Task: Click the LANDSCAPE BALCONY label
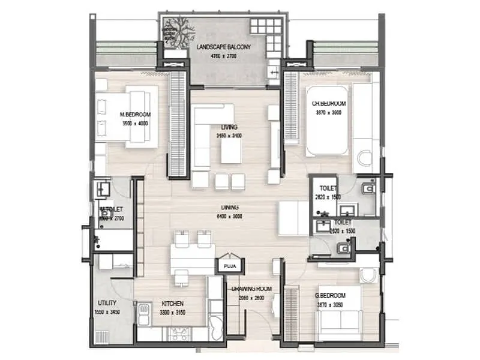(223, 46)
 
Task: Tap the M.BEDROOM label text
(135, 115)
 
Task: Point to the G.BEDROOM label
(331, 296)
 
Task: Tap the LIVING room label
(229, 127)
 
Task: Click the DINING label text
(229, 208)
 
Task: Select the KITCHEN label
(172, 304)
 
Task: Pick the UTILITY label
(107, 304)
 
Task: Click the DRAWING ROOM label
(251, 289)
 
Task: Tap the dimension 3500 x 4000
(135, 124)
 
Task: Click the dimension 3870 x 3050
(331, 305)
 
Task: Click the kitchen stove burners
(180, 331)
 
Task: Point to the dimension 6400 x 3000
(229, 217)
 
